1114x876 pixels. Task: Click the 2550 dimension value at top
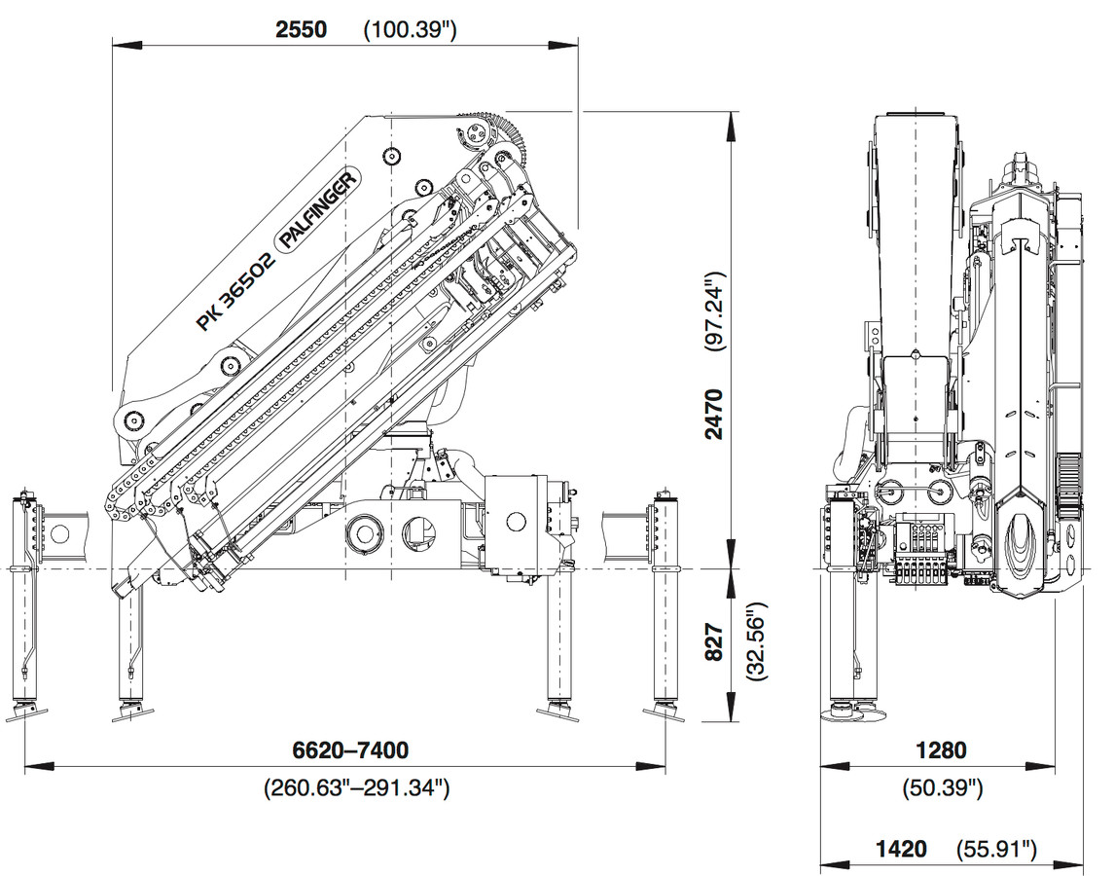tap(301, 29)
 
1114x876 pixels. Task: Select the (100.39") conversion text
tap(410, 30)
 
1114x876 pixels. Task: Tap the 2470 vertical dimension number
tap(715, 415)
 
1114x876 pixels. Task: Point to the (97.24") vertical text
tap(716, 312)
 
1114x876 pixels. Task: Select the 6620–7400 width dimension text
tap(350, 750)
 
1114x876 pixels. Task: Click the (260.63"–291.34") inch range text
tap(356, 787)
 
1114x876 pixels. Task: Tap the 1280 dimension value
tap(941, 750)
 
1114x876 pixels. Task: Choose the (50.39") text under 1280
tap(942, 787)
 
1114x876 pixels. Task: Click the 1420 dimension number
tap(901, 850)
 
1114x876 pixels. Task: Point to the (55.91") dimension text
tap(996, 850)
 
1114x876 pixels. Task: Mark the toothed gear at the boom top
tap(512, 136)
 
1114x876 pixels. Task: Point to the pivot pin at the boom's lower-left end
tap(131, 420)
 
